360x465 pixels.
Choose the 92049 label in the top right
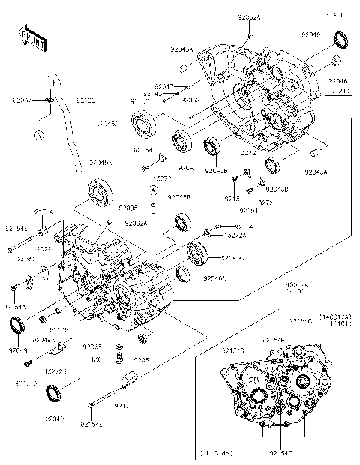pyautogui.click(x=311, y=34)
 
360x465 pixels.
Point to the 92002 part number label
pyautogui.click(x=190, y=99)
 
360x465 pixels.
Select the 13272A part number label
pyautogui.click(x=235, y=235)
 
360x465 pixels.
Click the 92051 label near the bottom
pyautogui.click(x=143, y=360)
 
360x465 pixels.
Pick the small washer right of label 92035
pyautogui.click(x=118, y=346)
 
